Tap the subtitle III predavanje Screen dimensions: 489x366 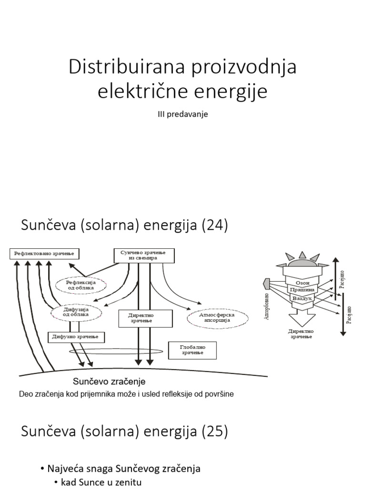[183, 115]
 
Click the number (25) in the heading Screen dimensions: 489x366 [215, 432]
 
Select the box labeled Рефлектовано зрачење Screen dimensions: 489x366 [45, 254]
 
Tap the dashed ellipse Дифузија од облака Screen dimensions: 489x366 [76, 313]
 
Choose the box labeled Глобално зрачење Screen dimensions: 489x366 [193, 350]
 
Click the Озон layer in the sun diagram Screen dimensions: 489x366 [303, 282]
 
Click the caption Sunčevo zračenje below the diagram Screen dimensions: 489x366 [109, 382]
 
